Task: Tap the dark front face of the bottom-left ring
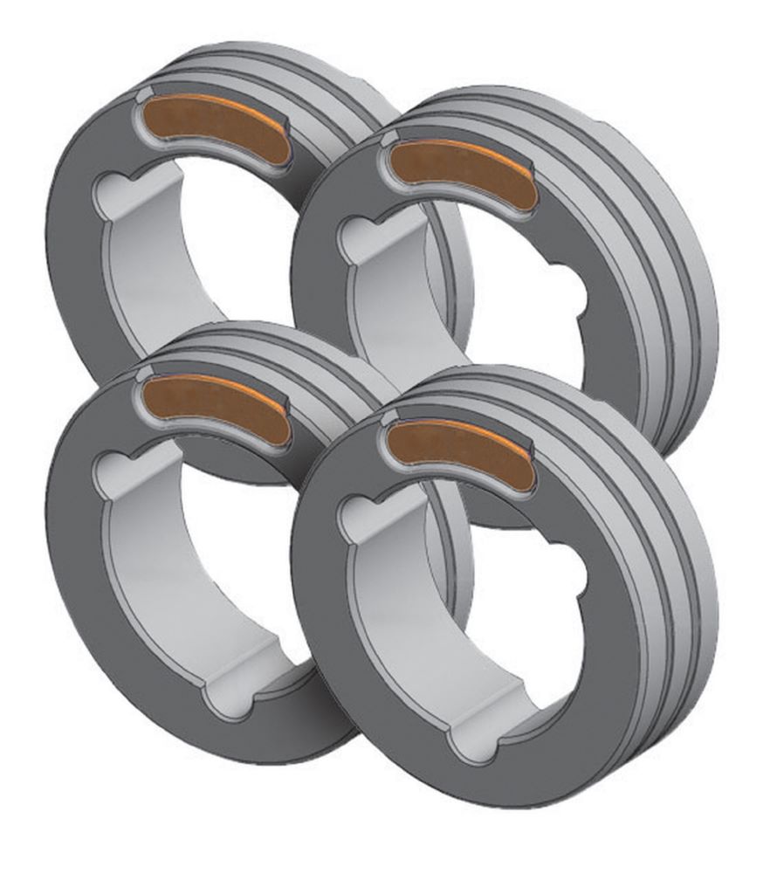click(79, 611)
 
